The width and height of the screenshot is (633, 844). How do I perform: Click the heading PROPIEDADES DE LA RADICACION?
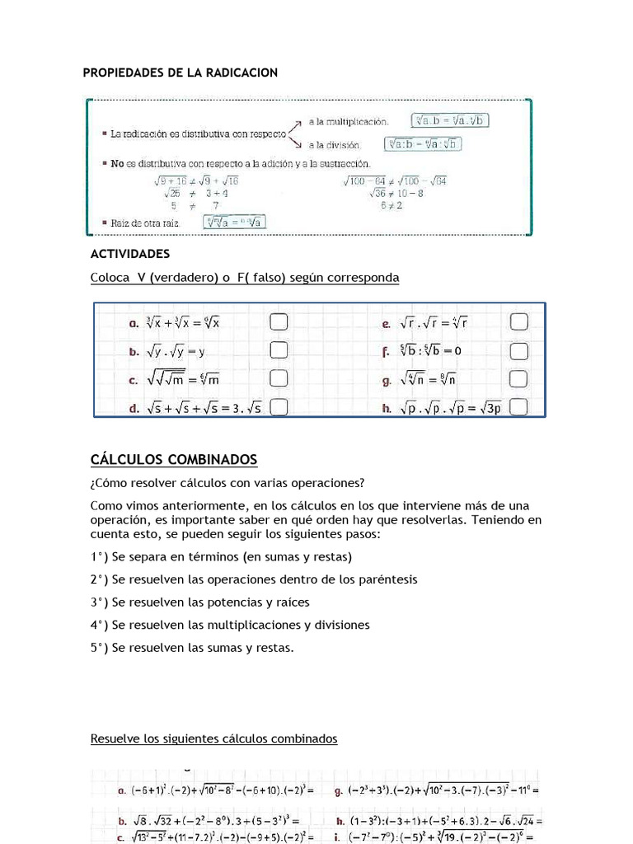[181, 73]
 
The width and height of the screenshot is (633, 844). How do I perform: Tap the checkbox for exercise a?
[279, 322]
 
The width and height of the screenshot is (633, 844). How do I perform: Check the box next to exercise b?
[279, 351]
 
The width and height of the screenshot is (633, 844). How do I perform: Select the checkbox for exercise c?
[279, 378]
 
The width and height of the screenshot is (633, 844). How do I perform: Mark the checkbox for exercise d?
[279, 406]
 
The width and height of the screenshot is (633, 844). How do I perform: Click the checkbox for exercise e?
[518, 322]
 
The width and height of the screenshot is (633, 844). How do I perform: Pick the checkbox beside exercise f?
[518, 351]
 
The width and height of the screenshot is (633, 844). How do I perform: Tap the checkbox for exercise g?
[518, 378]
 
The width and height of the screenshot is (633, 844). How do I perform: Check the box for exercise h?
[518, 406]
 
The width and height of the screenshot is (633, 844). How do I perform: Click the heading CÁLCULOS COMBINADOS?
[174, 459]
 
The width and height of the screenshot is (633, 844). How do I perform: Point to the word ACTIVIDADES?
[130, 253]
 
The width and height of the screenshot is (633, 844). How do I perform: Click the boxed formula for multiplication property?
[450, 120]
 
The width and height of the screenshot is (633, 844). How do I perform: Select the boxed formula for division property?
[425, 144]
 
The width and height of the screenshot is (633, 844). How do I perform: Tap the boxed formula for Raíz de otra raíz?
[234, 222]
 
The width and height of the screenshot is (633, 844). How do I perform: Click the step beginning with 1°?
[221, 556]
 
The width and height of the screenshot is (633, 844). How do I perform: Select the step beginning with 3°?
[200, 602]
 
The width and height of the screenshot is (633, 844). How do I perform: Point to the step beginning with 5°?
[192, 648]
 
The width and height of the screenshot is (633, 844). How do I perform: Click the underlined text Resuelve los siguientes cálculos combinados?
[213, 738]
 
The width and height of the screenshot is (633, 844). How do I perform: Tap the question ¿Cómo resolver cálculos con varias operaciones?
[227, 482]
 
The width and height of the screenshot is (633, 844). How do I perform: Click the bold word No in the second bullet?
[118, 164]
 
